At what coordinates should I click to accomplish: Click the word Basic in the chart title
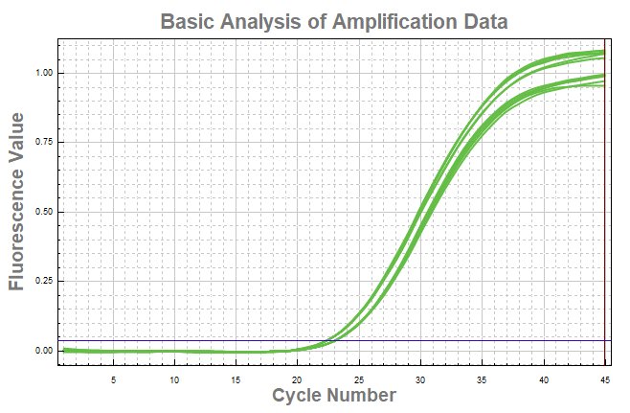point(188,21)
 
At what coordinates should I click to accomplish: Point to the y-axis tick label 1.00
point(44,73)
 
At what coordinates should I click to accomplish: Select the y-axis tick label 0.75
point(44,142)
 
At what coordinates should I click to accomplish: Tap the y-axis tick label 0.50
point(44,212)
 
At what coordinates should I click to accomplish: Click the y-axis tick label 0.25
point(44,281)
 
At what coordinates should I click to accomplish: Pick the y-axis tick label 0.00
point(44,351)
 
